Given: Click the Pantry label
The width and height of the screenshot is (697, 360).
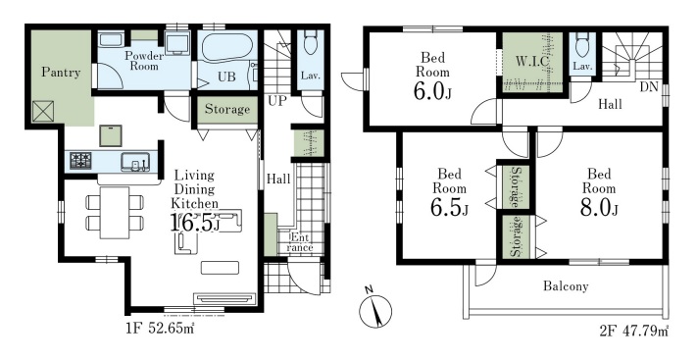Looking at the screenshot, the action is coord(61,73).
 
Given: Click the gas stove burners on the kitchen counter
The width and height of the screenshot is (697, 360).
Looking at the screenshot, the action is coord(80,160).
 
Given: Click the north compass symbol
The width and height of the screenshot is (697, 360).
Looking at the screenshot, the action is coord(375,309).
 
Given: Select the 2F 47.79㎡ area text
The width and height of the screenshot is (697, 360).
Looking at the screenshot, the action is coord(634,331).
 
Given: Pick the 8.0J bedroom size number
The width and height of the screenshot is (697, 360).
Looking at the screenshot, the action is coord(599,208).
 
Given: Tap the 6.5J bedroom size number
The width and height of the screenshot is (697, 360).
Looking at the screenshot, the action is coord(449,208).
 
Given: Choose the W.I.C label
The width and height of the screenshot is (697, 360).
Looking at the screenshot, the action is coord(532,62).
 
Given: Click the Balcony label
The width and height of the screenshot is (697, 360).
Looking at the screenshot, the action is coord(566,286).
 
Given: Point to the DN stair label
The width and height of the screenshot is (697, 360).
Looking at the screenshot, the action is coord(649,87).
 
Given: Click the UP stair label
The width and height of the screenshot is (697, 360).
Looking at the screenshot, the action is coord(276,101).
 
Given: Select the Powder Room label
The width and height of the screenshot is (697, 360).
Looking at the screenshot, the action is coord(143,61).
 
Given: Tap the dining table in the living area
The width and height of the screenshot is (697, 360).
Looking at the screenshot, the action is coord(115,213).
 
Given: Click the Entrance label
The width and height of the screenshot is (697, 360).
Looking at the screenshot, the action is coord(300,242).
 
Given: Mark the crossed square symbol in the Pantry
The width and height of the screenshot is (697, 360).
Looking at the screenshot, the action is coord(43,111).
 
